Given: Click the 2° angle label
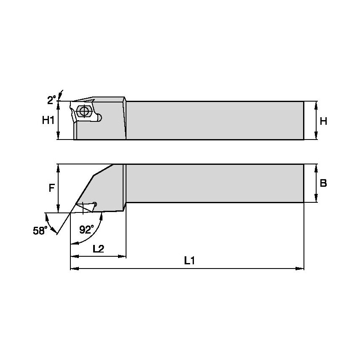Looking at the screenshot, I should [x=51, y=100].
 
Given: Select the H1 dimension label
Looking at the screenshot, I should [x=48, y=121].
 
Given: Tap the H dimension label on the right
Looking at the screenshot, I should [x=323, y=121].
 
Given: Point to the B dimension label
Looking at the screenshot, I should [x=323, y=183].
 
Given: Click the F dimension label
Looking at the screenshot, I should [x=51, y=188].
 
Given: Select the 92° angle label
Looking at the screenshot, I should [x=86, y=229].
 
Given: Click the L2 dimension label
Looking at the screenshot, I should [x=98, y=249].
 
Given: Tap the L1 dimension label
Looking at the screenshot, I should [x=189, y=261].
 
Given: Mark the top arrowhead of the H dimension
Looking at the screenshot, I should [x=316, y=104].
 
